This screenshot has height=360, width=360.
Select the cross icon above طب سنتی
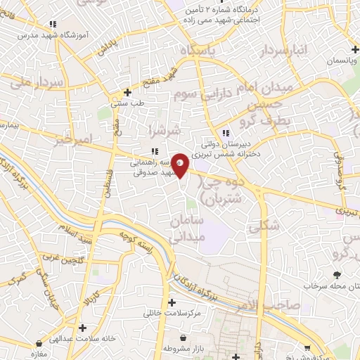coord(127,92)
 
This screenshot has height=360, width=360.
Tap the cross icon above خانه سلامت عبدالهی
coord(83,327)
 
